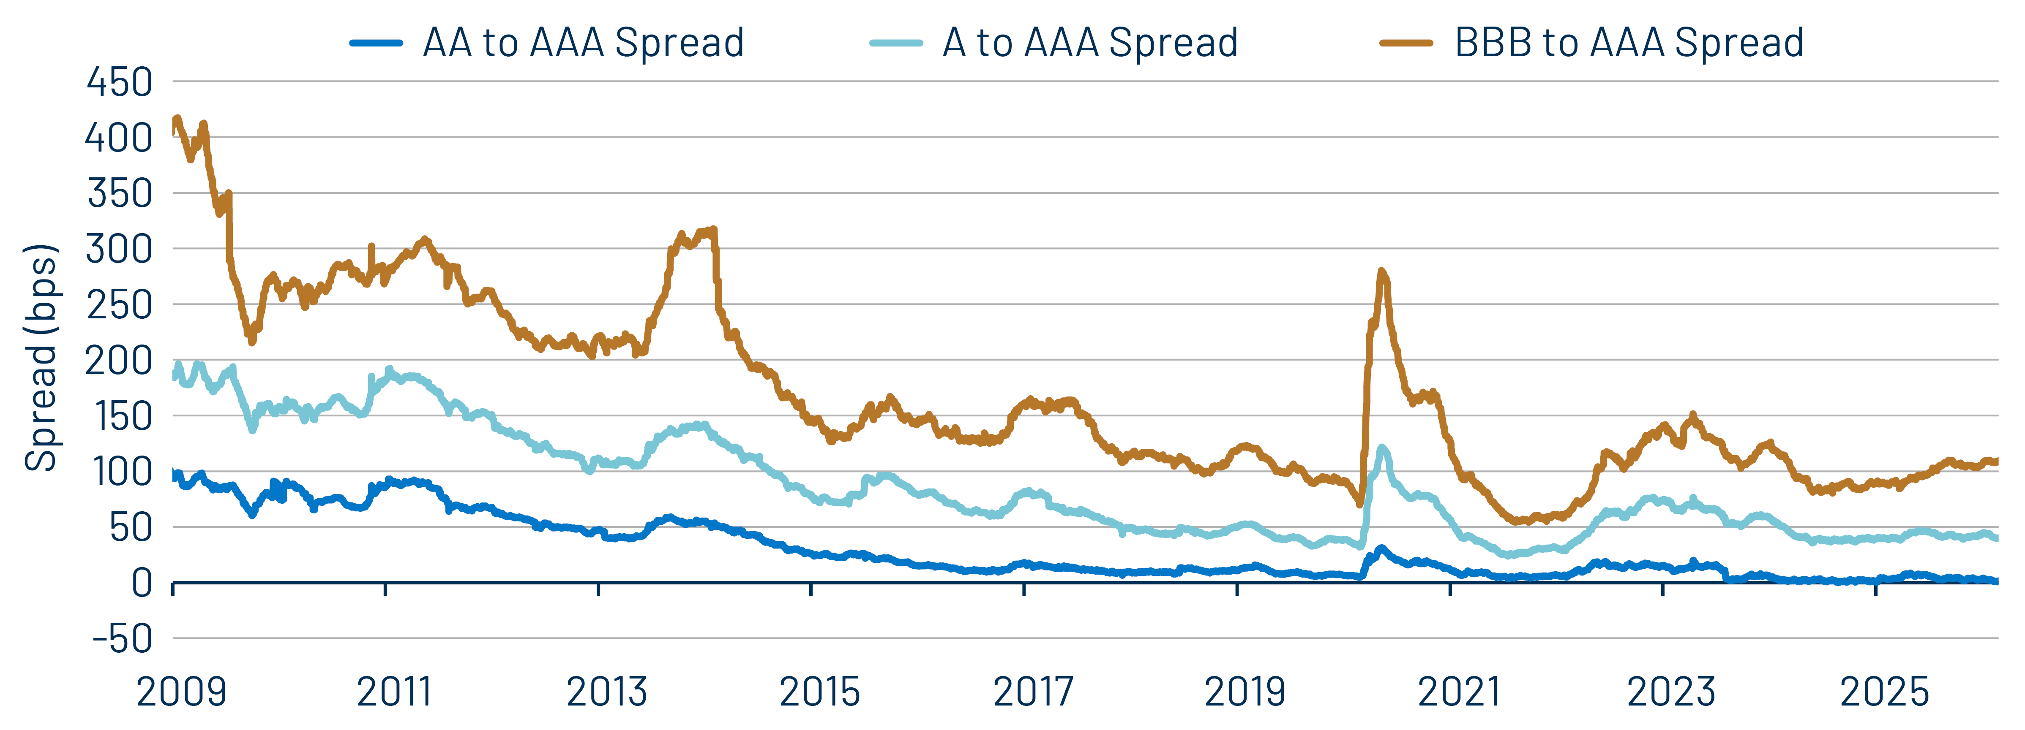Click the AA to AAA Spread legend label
pyautogui.click(x=582, y=43)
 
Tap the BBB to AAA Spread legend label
pyautogui.click(x=1629, y=43)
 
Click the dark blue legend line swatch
pyautogui.click(x=377, y=43)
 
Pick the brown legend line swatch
pyautogui.click(x=1406, y=43)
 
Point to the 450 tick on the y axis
pyautogui.click(x=120, y=82)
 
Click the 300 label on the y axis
pyautogui.click(x=120, y=249)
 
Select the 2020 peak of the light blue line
pyautogui.click(x=1381, y=448)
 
